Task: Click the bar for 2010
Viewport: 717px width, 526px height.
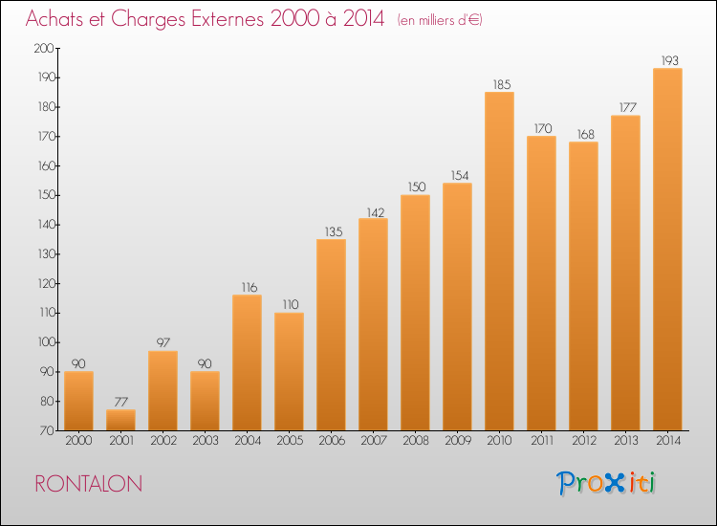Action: tap(499, 261)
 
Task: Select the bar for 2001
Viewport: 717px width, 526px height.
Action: tap(120, 420)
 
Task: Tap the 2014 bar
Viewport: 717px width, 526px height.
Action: tap(667, 250)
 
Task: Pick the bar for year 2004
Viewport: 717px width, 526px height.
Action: tap(247, 362)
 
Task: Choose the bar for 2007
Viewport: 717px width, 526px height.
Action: tap(373, 324)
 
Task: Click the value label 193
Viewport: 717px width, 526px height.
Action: tap(670, 60)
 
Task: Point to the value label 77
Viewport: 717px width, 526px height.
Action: tap(120, 402)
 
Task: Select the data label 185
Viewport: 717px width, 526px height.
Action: tap(502, 84)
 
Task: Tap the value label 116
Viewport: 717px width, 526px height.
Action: tap(250, 287)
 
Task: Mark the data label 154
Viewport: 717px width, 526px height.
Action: tap(460, 176)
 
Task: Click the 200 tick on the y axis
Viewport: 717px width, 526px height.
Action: tap(44, 48)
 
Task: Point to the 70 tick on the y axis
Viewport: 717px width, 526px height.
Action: tap(48, 430)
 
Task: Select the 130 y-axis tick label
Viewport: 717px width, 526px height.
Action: tap(46, 253)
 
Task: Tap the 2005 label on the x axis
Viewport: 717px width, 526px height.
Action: tap(290, 441)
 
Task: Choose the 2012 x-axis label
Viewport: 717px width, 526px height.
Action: tap(584, 441)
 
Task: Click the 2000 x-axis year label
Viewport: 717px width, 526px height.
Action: tap(78, 441)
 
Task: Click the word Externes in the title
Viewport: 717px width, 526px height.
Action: tap(228, 19)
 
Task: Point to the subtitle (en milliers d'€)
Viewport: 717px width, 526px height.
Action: tap(440, 20)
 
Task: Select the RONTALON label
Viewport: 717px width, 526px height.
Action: tap(89, 484)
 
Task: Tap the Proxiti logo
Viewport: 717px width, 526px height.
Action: tap(606, 483)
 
